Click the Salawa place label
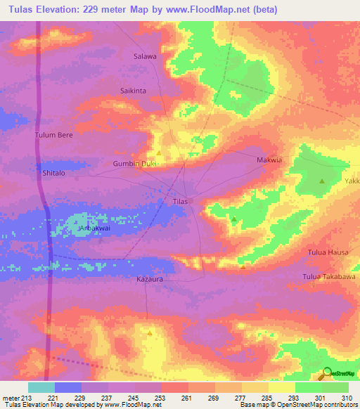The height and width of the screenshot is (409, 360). [145, 56]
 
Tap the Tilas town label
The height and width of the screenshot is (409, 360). [180, 202]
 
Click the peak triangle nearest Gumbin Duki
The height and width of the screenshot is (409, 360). [159, 153]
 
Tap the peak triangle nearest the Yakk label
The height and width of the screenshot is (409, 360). [322, 181]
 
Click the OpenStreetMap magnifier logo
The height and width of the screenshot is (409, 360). [326, 373]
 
